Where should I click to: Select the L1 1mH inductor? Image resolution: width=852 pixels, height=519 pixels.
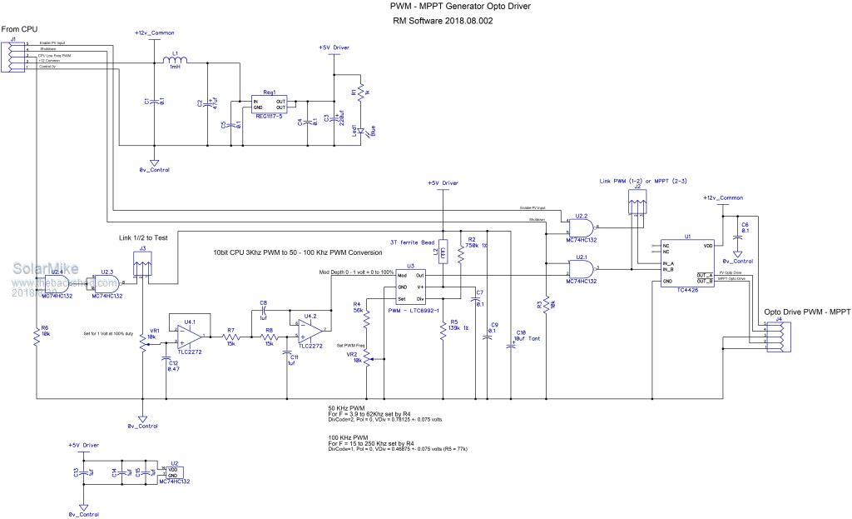point(176,60)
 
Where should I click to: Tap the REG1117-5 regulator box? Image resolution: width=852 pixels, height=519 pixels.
point(270,104)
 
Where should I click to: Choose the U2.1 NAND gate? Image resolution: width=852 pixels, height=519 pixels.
point(582,269)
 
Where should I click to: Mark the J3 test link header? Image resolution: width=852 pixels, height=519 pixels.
point(144,267)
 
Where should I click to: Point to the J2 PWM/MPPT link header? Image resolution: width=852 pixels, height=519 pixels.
point(637,202)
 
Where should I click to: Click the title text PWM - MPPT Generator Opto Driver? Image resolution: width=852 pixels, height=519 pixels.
point(460,7)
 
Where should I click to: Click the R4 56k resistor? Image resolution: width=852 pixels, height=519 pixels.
point(367,315)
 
